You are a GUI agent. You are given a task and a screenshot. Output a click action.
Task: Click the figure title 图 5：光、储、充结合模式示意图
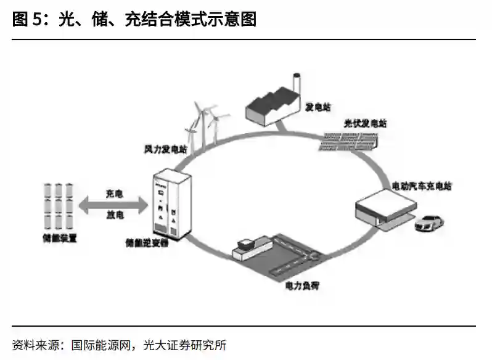(x=134, y=20)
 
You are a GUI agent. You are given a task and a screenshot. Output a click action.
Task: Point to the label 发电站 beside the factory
(x=318, y=107)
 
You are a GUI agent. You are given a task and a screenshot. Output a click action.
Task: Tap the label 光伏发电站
(x=366, y=123)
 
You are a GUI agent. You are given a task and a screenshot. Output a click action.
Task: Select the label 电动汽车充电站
(x=421, y=186)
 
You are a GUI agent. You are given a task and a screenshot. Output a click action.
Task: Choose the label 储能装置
(x=59, y=237)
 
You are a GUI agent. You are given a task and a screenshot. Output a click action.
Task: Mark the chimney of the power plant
(x=297, y=85)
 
